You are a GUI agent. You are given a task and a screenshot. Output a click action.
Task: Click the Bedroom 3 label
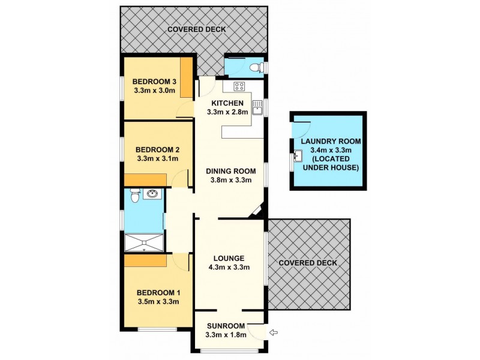[154, 82]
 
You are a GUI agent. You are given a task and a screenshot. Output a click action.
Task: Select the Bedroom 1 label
[158, 292]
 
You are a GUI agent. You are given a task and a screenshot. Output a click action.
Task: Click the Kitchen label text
[223, 103]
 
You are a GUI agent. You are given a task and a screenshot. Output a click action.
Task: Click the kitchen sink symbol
[257, 107]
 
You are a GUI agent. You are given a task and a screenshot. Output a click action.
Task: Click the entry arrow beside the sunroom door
[274, 332]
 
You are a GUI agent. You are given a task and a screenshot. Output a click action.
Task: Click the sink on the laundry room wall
[298, 158]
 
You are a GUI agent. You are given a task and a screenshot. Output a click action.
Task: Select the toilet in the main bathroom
[134, 194]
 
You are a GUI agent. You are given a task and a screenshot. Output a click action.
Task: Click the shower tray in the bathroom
[143, 242]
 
